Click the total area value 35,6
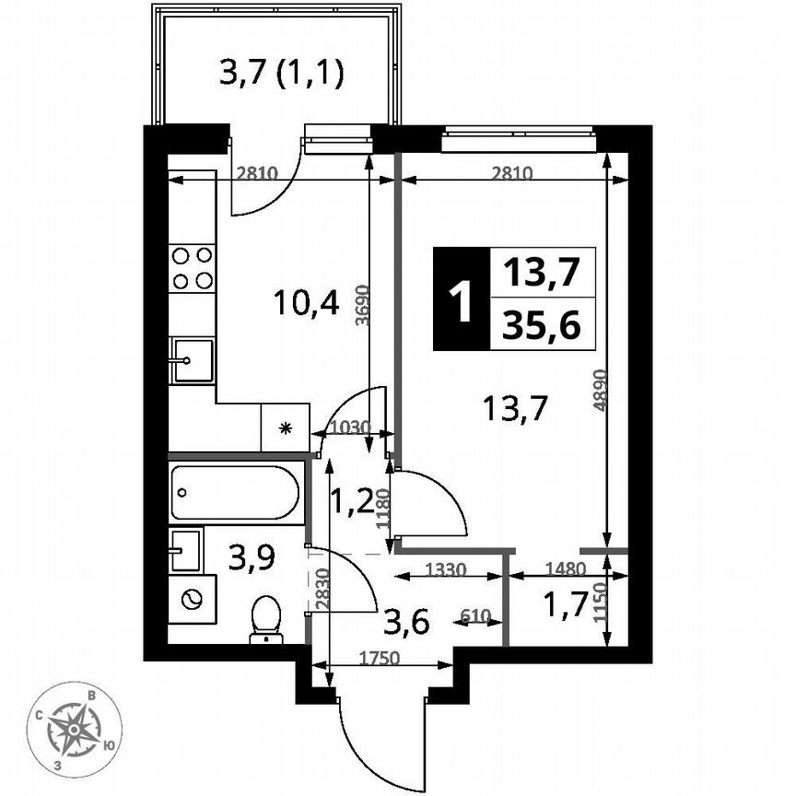(x=542, y=325)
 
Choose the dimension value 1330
(x=447, y=570)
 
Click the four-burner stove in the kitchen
(x=193, y=268)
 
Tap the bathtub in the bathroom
(x=237, y=493)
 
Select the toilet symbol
(x=265, y=618)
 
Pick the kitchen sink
(x=191, y=359)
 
